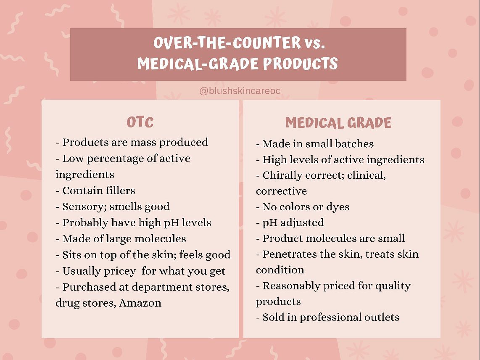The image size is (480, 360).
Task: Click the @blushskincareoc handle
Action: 240,91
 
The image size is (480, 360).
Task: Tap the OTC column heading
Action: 140,122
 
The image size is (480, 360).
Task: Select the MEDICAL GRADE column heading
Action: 338,123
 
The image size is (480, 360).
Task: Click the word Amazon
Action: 140,303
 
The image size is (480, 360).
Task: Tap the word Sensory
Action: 84,207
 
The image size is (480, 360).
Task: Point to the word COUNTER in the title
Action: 266,42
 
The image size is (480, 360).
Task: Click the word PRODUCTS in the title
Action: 300,64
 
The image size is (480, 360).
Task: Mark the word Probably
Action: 85,223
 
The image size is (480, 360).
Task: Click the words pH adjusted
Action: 293,223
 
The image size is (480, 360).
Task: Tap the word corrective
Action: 281,191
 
